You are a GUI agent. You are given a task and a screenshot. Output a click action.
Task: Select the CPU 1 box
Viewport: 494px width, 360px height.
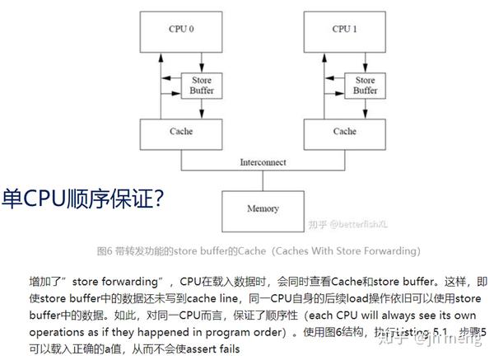[x=344, y=32]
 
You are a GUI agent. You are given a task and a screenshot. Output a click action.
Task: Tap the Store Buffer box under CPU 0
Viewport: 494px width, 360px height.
[x=201, y=85]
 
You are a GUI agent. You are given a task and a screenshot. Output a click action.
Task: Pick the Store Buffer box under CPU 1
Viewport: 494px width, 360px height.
[x=365, y=85]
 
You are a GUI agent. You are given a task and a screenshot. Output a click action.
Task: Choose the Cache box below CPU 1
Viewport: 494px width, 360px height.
[x=344, y=132]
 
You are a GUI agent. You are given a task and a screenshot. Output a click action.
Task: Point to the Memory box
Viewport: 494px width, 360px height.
[x=263, y=208]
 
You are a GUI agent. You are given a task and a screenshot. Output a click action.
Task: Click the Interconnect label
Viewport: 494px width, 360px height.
[x=263, y=164]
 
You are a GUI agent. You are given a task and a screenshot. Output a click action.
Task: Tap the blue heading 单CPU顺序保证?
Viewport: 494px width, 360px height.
[x=83, y=199]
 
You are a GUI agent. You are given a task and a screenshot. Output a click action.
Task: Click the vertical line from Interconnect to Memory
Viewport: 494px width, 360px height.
[x=263, y=180]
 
